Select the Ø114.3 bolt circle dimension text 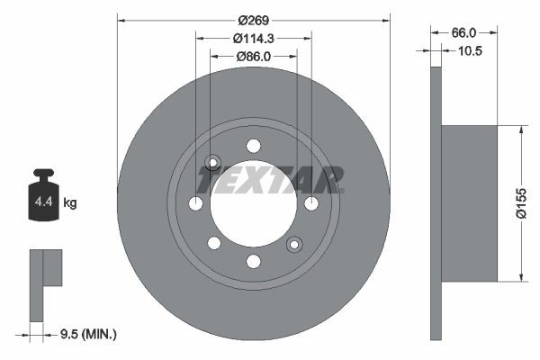pyautogui.click(x=254, y=39)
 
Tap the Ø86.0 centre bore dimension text pyautogui.click(x=255, y=56)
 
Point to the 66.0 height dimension pyautogui.click(x=464, y=31)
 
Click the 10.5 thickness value pyautogui.click(x=471, y=51)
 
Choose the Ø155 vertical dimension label pyautogui.click(x=519, y=203)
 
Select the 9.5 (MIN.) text pyautogui.click(x=88, y=334)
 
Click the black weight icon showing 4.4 pyautogui.click(x=44, y=195)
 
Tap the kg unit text pyautogui.click(x=71, y=203)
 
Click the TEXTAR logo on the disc pyautogui.click(x=271, y=180)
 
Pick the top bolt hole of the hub pyautogui.click(x=253, y=146)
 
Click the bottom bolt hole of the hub pyautogui.click(x=253, y=261)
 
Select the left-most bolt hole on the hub pyautogui.click(x=195, y=203)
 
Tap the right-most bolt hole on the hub pyautogui.click(x=311, y=203)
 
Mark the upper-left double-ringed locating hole pyautogui.click(x=212, y=163)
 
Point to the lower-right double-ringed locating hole pyautogui.click(x=293, y=244)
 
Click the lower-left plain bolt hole pyautogui.click(x=213, y=243)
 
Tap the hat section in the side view pyautogui.click(x=468, y=203)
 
